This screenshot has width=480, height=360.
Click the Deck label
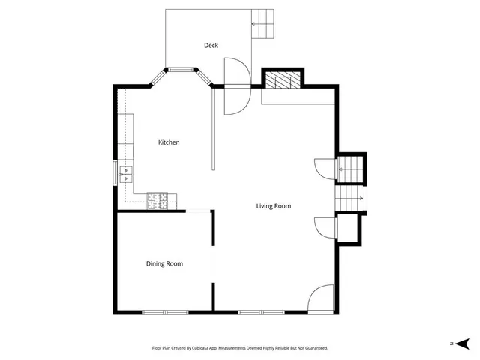[211, 46]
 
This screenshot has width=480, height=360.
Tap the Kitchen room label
[168, 142]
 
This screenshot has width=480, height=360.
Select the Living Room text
[273, 206]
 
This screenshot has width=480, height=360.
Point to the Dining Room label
[164, 263]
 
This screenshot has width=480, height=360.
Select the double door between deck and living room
[235, 86]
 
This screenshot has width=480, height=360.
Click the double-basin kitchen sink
[126, 174]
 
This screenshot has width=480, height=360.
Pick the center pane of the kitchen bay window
[180, 70]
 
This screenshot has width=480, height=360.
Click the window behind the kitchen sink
[115, 173]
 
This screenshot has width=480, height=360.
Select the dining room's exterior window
[165, 311]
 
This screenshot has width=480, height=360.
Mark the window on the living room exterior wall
[261, 311]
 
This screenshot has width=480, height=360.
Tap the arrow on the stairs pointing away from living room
[349, 199]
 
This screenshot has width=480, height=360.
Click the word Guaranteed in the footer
[313, 348]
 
